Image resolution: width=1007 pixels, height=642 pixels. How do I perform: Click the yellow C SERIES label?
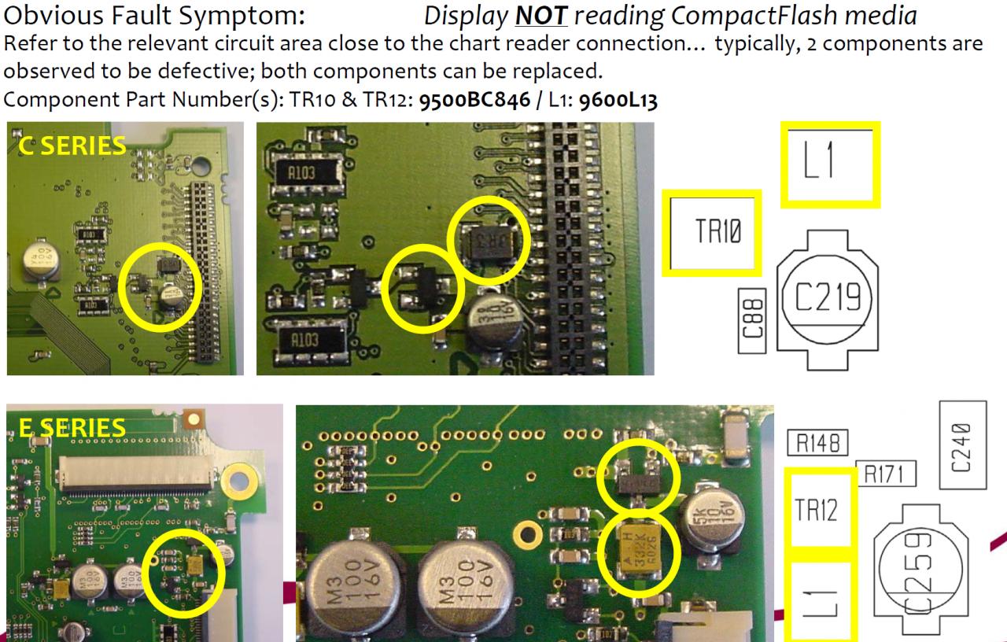coord(71,145)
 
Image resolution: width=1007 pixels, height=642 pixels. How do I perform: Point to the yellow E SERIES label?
coord(72,427)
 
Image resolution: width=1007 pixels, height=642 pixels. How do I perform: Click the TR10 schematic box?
coord(711,233)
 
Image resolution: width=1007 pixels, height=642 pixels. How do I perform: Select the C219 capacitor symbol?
coord(826,297)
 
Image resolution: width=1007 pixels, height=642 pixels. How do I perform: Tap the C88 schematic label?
coord(753,322)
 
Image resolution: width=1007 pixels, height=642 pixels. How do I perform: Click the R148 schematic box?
coord(817,444)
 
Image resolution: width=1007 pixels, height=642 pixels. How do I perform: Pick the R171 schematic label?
coord(886,474)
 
